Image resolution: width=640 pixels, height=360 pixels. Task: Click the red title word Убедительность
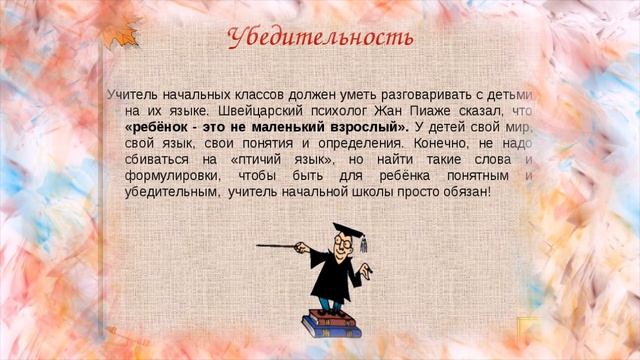click(319, 39)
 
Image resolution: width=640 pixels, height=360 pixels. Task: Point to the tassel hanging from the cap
click(364, 242)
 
